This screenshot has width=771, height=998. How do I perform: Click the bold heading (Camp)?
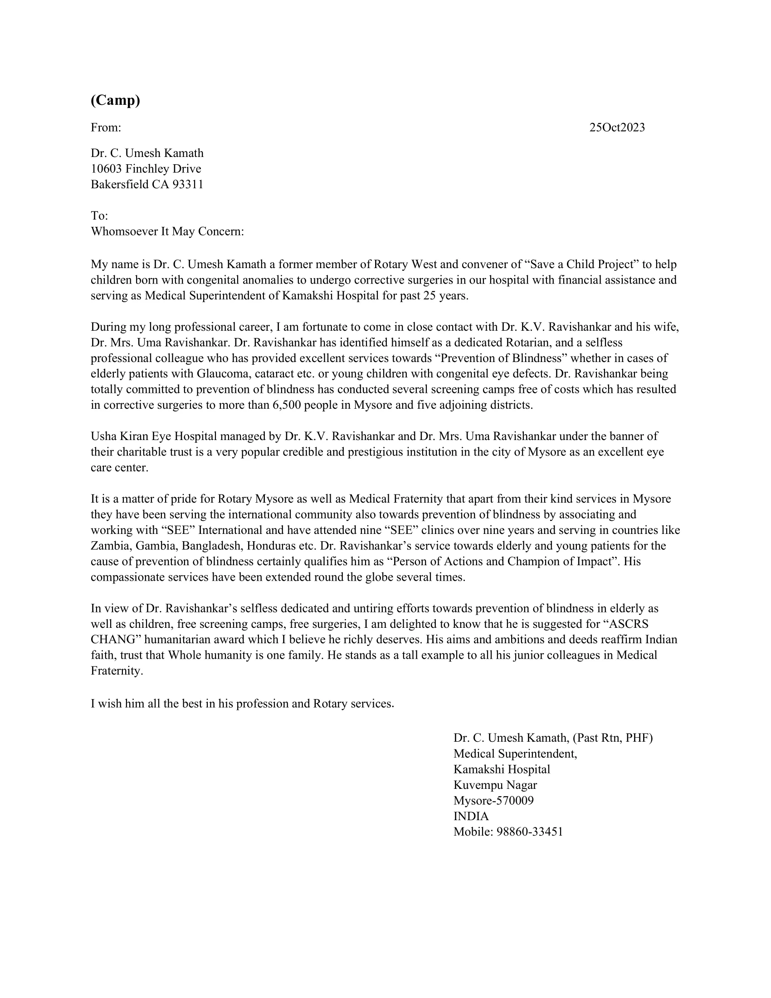(115, 100)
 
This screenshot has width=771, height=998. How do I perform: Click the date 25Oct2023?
(617, 127)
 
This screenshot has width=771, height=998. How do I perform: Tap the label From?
(106, 127)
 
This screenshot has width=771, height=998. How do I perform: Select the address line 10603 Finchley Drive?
(146, 169)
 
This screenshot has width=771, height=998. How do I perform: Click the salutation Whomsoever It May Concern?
(167, 231)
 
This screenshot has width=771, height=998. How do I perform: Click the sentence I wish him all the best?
(242, 703)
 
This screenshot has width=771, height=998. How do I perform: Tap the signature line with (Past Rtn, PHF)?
(553, 738)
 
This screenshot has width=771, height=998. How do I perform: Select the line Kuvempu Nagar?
(495, 785)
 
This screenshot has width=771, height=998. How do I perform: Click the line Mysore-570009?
(493, 800)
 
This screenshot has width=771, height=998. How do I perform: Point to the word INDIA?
(471, 816)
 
